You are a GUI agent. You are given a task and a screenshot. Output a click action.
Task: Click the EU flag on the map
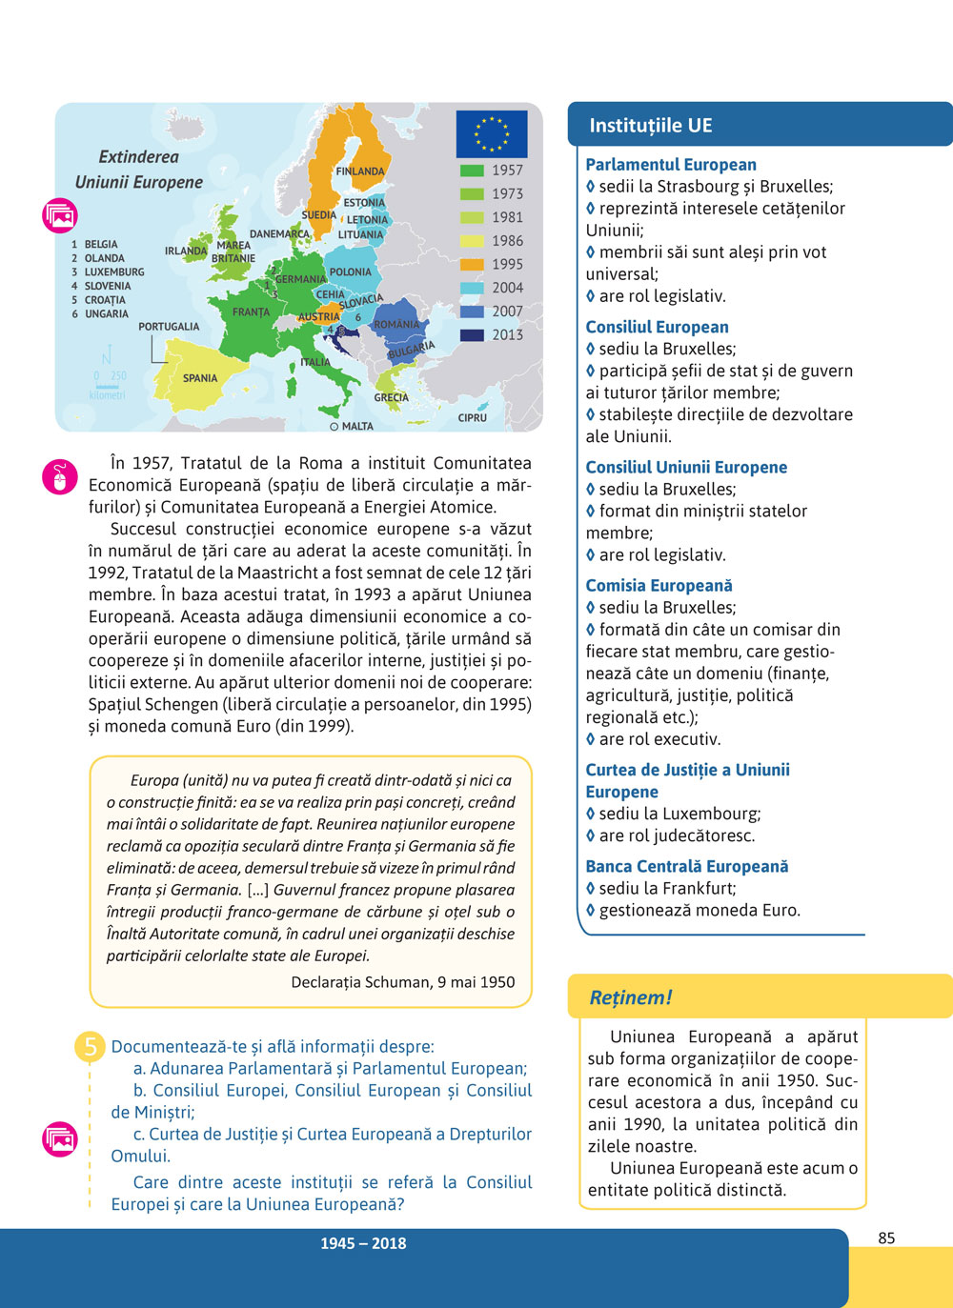point(491,134)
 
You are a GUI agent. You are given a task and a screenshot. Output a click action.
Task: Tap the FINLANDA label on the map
point(360,172)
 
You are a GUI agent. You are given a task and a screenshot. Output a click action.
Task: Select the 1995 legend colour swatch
point(472,265)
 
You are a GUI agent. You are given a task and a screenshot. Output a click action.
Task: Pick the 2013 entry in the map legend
point(507,335)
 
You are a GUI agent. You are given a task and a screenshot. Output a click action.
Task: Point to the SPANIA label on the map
point(200,378)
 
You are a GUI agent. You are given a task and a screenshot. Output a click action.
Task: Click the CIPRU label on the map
point(472,417)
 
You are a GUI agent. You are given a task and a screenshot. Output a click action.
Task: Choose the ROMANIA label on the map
point(396,325)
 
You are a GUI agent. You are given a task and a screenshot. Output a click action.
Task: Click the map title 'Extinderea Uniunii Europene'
point(139,170)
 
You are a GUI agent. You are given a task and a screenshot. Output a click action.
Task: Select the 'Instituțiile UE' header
point(651,126)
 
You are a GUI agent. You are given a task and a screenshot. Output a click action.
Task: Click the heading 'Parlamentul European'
point(671,165)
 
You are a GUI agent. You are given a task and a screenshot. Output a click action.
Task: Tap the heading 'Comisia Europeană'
point(659,586)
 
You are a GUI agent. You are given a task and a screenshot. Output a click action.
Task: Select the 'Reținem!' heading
point(631,997)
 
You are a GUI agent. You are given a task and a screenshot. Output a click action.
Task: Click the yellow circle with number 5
point(90,1047)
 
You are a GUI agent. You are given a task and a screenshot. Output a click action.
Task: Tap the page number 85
point(886,1238)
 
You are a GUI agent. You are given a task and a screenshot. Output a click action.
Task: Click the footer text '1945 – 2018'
point(363,1243)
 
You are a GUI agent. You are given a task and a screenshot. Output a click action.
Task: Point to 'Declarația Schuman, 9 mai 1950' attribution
point(403,982)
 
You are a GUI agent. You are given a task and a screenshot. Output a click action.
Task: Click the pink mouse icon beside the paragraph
point(60,477)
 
